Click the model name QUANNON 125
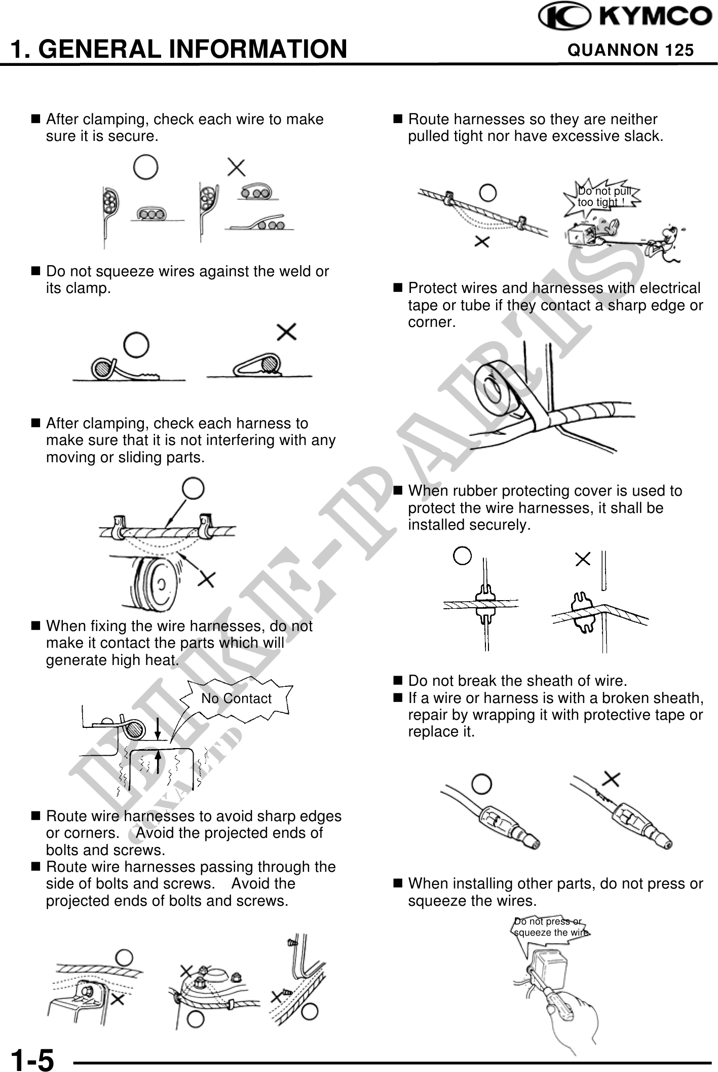(630, 50)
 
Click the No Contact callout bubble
(236, 698)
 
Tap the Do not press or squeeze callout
(550, 927)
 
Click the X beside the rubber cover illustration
(583, 559)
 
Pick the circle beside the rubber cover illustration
(462, 556)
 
